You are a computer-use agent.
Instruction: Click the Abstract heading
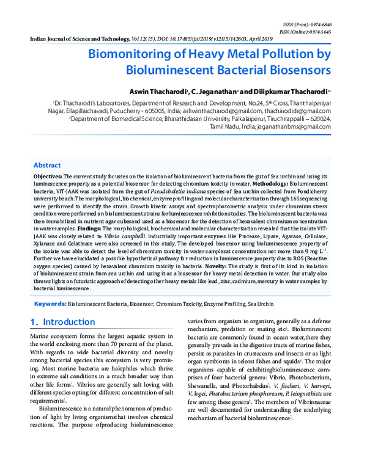coord(46,166)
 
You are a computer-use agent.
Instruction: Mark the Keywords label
coord(50,303)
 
